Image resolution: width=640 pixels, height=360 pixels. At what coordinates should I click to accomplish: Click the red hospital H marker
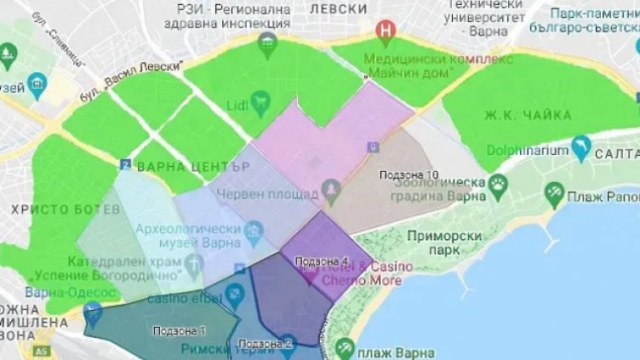(386, 31)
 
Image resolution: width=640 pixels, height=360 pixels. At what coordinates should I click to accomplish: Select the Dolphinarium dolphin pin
(581, 146)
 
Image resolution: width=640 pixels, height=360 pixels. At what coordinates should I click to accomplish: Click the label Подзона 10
(409, 174)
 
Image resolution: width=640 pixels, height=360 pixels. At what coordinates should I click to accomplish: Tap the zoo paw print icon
(497, 183)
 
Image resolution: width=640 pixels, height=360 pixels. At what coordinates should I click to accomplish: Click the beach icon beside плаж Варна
(345, 347)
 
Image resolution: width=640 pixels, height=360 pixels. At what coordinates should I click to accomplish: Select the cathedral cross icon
(193, 265)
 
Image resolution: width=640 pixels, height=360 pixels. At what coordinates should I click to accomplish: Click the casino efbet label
(186, 298)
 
